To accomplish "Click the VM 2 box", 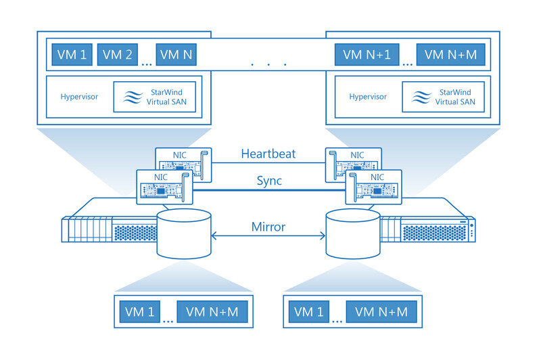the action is click(x=117, y=55).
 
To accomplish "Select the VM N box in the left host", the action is click(x=177, y=55).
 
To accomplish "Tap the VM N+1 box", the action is click(x=367, y=55).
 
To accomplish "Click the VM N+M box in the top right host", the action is click(x=450, y=55).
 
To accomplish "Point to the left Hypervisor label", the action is click(x=79, y=97).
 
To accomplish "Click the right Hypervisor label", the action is click(x=368, y=97).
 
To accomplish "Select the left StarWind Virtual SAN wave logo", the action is click(x=133, y=97).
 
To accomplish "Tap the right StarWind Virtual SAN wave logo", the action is click(x=421, y=97).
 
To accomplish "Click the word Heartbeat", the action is click(x=268, y=154).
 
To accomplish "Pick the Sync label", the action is click(x=269, y=181).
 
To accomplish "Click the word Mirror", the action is click(x=268, y=227).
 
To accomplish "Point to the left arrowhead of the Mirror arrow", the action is click(x=212, y=236).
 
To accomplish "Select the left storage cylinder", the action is click(x=184, y=233).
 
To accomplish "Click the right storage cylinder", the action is click(x=353, y=233).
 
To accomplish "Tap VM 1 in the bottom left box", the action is click(x=140, y=312).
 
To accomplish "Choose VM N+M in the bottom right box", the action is click(x=381, y=312).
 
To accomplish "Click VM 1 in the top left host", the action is click(x=72, y=55).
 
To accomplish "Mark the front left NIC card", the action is click(x=164, y=187).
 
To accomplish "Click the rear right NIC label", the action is click(x=357, y=155).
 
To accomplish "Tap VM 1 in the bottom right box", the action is click(x=309, y=312).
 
